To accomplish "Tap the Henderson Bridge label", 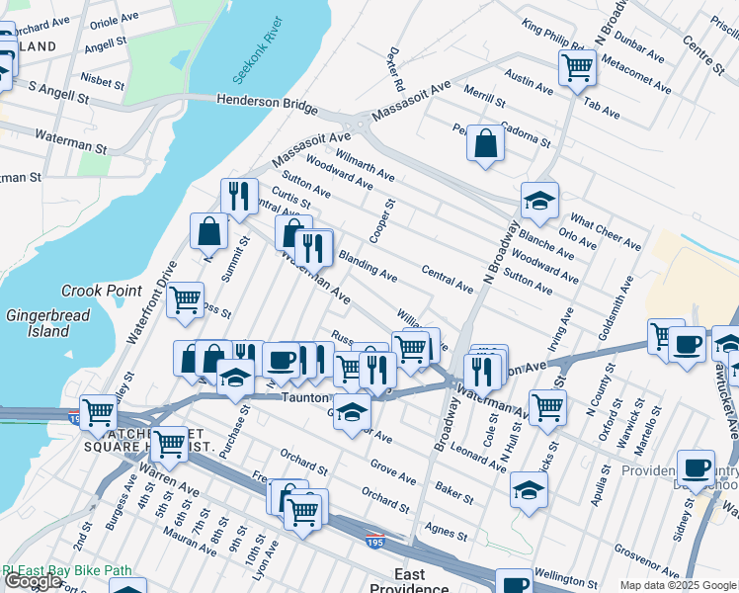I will click(x=267, y=104).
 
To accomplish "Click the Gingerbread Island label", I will click(x=48, y=323).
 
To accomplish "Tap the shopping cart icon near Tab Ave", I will click(x=577, y=67).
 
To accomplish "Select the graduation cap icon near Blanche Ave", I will click(x=539, y=201).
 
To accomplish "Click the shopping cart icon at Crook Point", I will click(x=185, y=300).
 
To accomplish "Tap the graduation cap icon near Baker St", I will click(x=529, y=488).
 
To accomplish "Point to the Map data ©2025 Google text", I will click(x=678, y=585).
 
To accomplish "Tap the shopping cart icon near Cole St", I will click(x=546, y=404).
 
